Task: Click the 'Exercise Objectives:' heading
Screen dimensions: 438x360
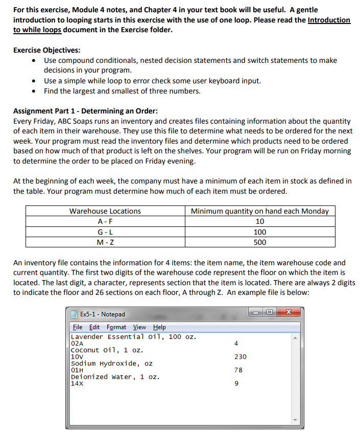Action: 46,50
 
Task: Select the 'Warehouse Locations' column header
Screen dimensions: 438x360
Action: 105,211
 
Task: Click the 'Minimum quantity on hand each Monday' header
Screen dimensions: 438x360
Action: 259,211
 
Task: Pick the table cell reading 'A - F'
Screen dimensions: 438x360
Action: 105,221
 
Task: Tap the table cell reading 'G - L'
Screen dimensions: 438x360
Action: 105,232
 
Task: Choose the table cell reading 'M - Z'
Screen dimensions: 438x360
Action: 105,242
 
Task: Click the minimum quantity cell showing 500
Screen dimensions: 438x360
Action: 259,242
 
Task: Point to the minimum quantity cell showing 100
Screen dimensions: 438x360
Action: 259,232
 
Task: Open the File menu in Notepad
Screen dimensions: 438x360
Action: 78,327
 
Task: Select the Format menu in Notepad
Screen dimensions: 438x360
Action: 117,327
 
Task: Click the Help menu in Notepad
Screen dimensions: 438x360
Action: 159,327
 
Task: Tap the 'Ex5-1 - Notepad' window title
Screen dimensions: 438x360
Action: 102,314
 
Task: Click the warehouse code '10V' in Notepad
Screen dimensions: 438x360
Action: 76,357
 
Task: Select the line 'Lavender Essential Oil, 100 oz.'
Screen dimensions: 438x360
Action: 133,337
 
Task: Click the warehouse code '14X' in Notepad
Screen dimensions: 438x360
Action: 76,383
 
